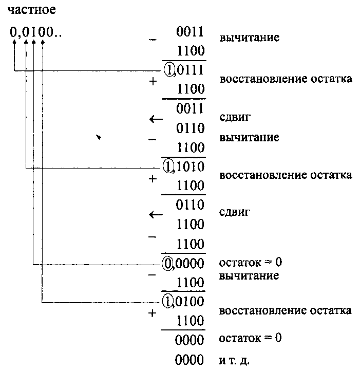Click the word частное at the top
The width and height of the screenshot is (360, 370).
[32, 10]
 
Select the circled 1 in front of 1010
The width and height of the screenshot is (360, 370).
[169, 166]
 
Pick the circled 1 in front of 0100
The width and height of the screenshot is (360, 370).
[169, 300]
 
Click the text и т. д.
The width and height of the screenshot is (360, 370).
[234, 360]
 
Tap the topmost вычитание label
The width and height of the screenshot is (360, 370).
[249, 39]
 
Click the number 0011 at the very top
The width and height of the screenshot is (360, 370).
[191, 32]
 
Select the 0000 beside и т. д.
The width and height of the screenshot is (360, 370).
[190, 360]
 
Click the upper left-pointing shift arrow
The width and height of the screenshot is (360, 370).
[155, 119]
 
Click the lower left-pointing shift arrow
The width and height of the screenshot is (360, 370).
[155, 215]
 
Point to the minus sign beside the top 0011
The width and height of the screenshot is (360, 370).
[153, 40]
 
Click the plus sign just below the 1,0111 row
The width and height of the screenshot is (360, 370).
[153, 83]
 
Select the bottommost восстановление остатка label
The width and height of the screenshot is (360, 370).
[285, 310]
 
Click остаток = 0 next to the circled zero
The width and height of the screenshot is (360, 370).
[250, 263]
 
